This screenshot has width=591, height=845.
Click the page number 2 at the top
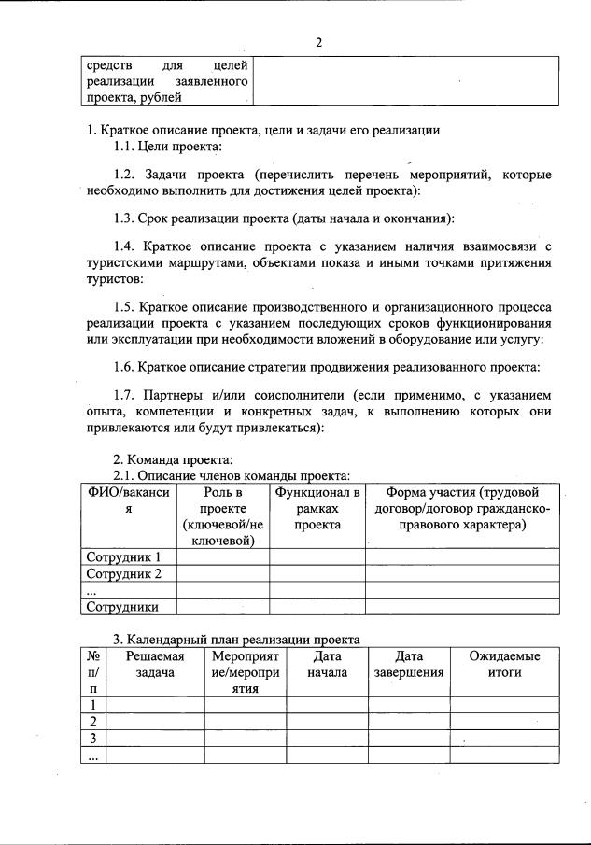click(x=318, y=43)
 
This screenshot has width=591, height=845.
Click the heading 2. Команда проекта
click(x=165, y=458)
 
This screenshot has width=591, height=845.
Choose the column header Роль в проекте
click(x=223, y=515)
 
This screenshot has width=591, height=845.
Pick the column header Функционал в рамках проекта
click(x=317, y=508)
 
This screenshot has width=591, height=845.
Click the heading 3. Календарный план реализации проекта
click(x=236, y=640)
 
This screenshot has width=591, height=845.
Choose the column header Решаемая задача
click(x=155, y=664)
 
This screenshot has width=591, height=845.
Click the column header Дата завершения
click(x=409, y=664)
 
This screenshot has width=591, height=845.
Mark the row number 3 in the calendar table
click(x=93, y=739)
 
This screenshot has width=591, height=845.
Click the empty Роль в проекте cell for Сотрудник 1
click(x=223, y=557)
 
